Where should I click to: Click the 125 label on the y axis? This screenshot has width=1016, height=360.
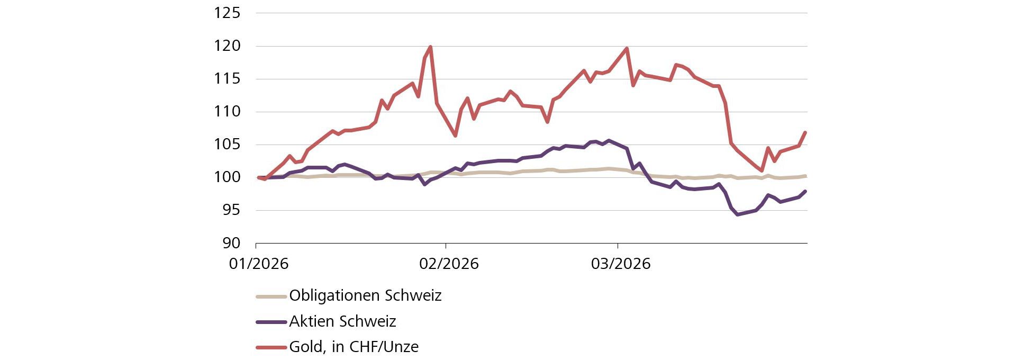(227, 13)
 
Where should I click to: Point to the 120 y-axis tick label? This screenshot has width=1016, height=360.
(227, 46)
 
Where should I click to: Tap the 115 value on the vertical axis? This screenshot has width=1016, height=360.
(227, 79)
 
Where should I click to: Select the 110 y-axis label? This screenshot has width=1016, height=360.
(227, 112)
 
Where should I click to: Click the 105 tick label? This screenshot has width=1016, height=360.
(227, 145)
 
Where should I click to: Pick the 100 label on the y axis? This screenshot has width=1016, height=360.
(227, 177)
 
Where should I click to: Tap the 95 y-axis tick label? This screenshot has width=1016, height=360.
(231, 210)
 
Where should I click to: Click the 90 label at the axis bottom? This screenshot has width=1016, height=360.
(231, 243)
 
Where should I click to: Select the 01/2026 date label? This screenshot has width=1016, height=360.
(259, 264)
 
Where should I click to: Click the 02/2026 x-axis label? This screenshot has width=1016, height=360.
(449, 264)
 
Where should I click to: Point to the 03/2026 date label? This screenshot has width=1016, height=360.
(621, 264)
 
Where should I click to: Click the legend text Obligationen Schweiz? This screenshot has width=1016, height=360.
(365, 295)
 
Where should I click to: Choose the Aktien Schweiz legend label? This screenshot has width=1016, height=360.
(342, 321)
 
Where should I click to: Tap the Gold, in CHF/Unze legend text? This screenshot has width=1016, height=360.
(353, 347)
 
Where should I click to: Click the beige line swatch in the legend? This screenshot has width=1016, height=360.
(271, 296)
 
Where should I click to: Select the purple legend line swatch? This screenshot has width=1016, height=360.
(271, 321)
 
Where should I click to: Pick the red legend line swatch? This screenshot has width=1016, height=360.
(271, 347)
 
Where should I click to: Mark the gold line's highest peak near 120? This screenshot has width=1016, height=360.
(430, 47)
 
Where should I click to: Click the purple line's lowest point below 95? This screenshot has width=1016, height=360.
(737, 214)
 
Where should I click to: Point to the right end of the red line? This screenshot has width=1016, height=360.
(805, 132)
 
